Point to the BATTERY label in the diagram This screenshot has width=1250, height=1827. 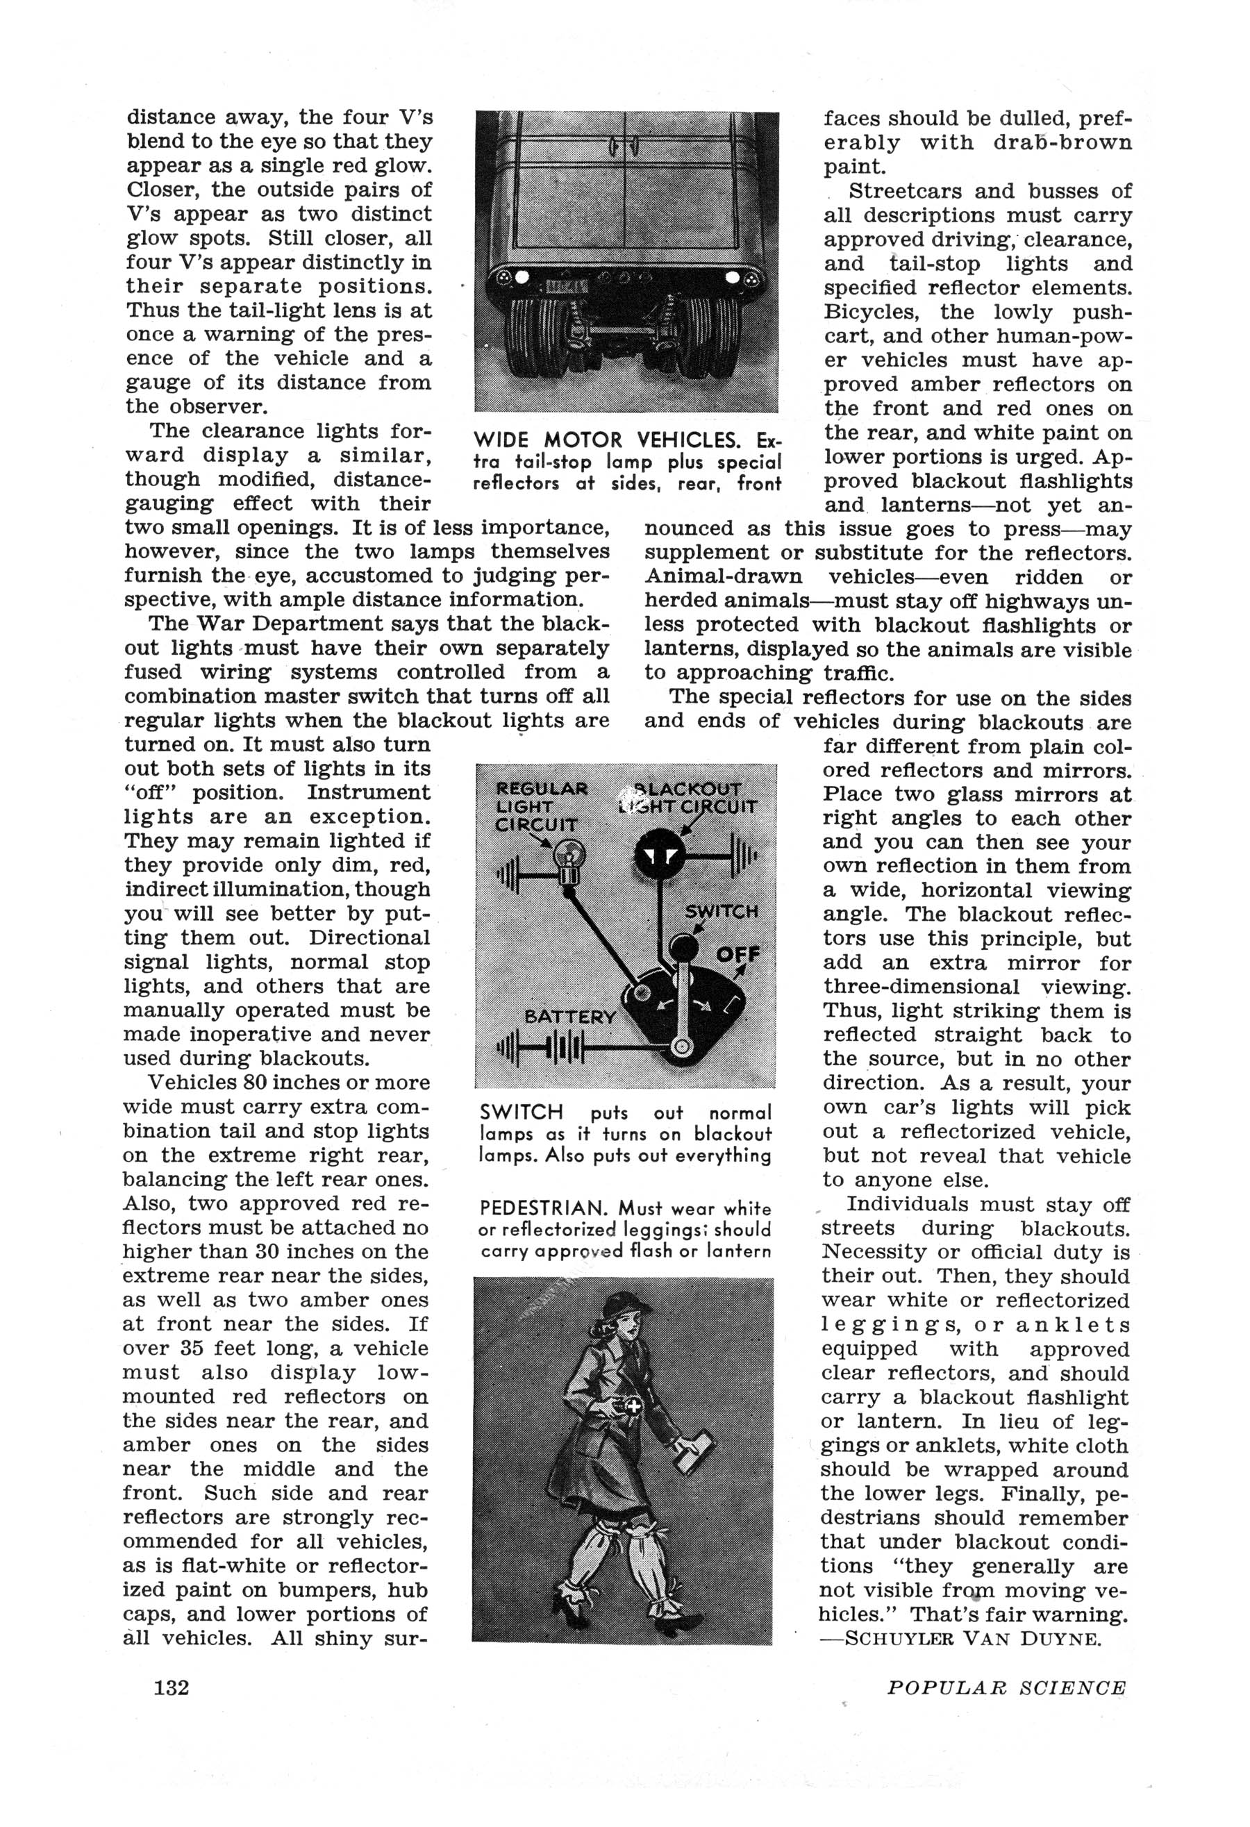pos(570,1017)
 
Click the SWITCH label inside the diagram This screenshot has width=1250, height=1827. pos(722,912)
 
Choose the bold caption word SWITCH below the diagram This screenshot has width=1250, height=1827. pos(522,1112)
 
